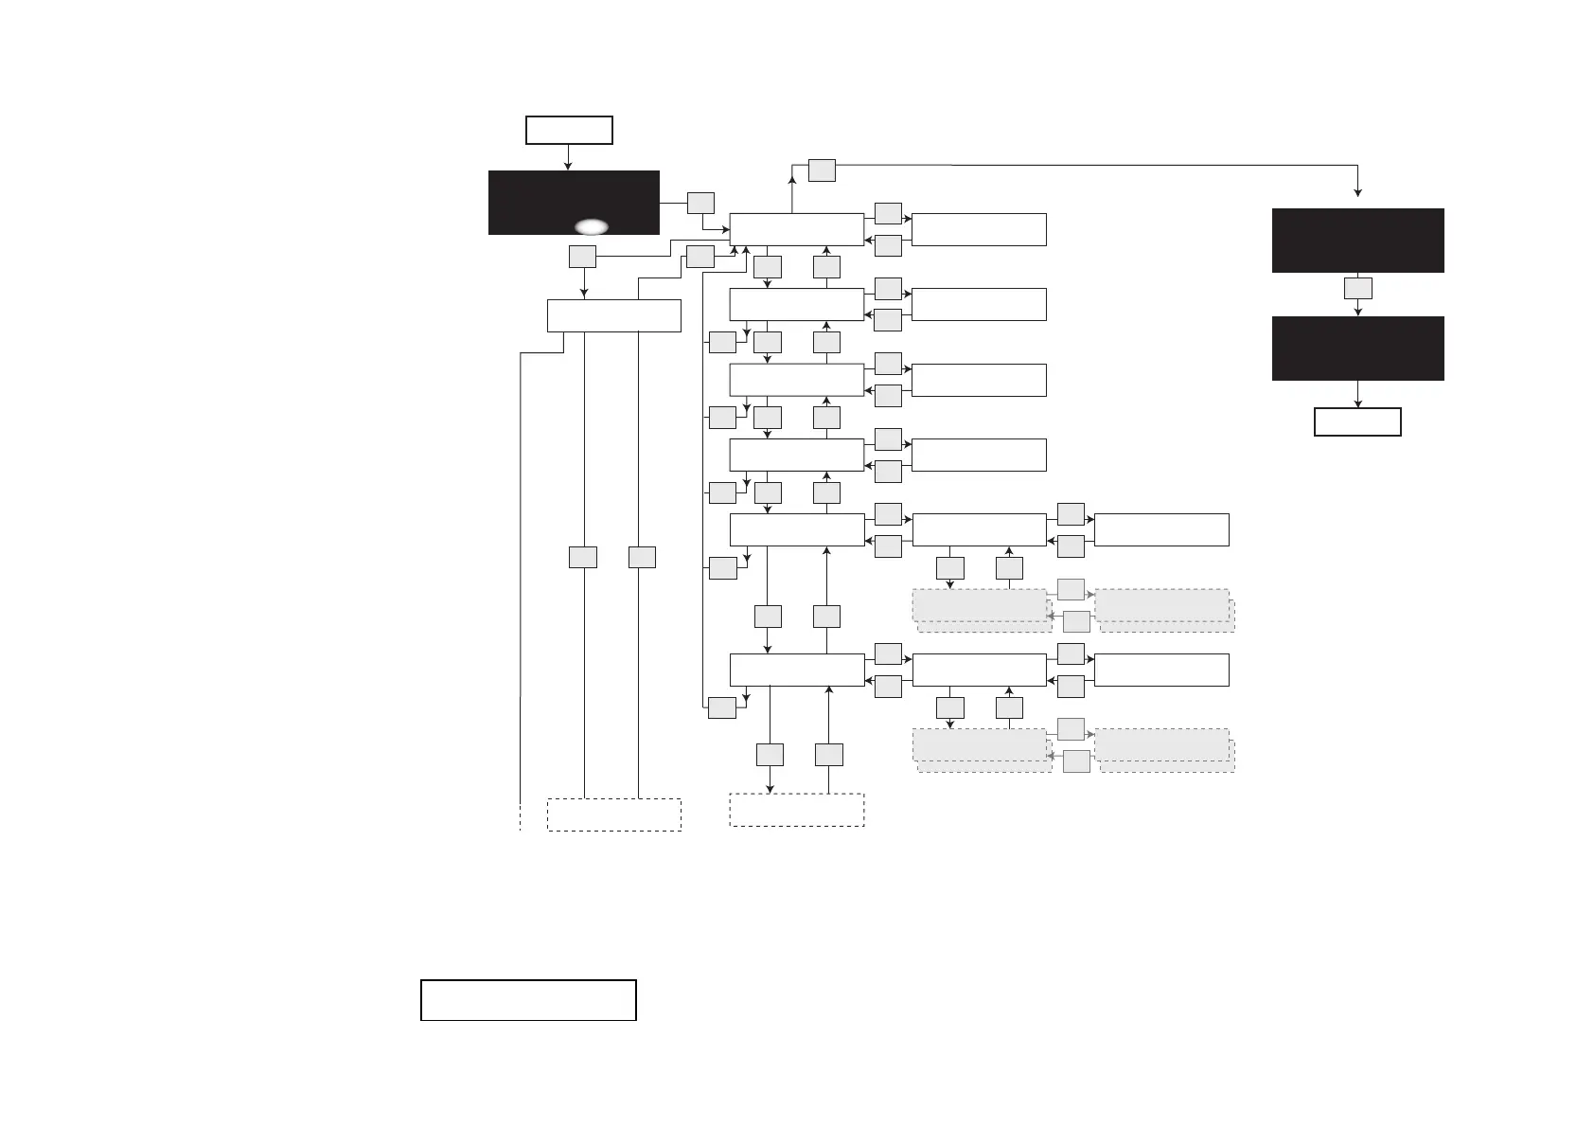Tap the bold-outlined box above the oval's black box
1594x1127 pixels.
(x=569, y=130)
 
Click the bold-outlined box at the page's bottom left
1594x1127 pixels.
(x=528, y=1000)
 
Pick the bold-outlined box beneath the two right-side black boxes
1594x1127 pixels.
(x=1357, y=421)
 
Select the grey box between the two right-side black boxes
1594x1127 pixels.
(x=1358, y=288)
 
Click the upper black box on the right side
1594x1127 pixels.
(x=1357, y=241)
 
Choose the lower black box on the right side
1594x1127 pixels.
(x=1357, y=349)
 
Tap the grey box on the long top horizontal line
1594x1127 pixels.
(x=822, y=170)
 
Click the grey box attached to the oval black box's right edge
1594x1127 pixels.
(x=700, y=203)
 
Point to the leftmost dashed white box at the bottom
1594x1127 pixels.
(x=614, y=814)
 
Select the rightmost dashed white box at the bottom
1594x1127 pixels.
(x=797, y=810)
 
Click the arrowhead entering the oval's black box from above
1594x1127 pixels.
(x=568, y=167)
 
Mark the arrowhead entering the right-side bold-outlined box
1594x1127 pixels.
(x=1358, y=404)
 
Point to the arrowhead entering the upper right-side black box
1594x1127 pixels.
(x=1358, y=193)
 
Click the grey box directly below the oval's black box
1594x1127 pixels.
(x=583, y=256)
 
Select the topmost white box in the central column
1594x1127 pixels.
(x=797, y=229)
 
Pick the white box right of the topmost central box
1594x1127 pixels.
(x=979, y=229)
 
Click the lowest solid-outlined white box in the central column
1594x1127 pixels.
(x=797, y=670)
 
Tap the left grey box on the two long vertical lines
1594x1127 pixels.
(x=583, y=557)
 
